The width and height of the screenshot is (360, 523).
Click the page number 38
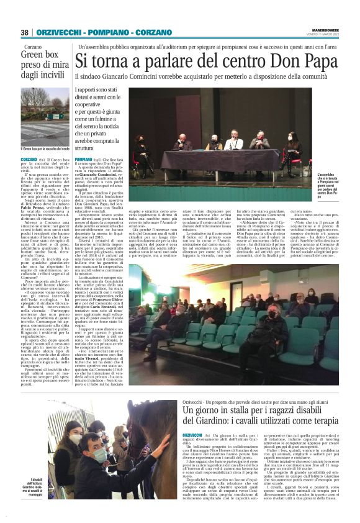point(25,32)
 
